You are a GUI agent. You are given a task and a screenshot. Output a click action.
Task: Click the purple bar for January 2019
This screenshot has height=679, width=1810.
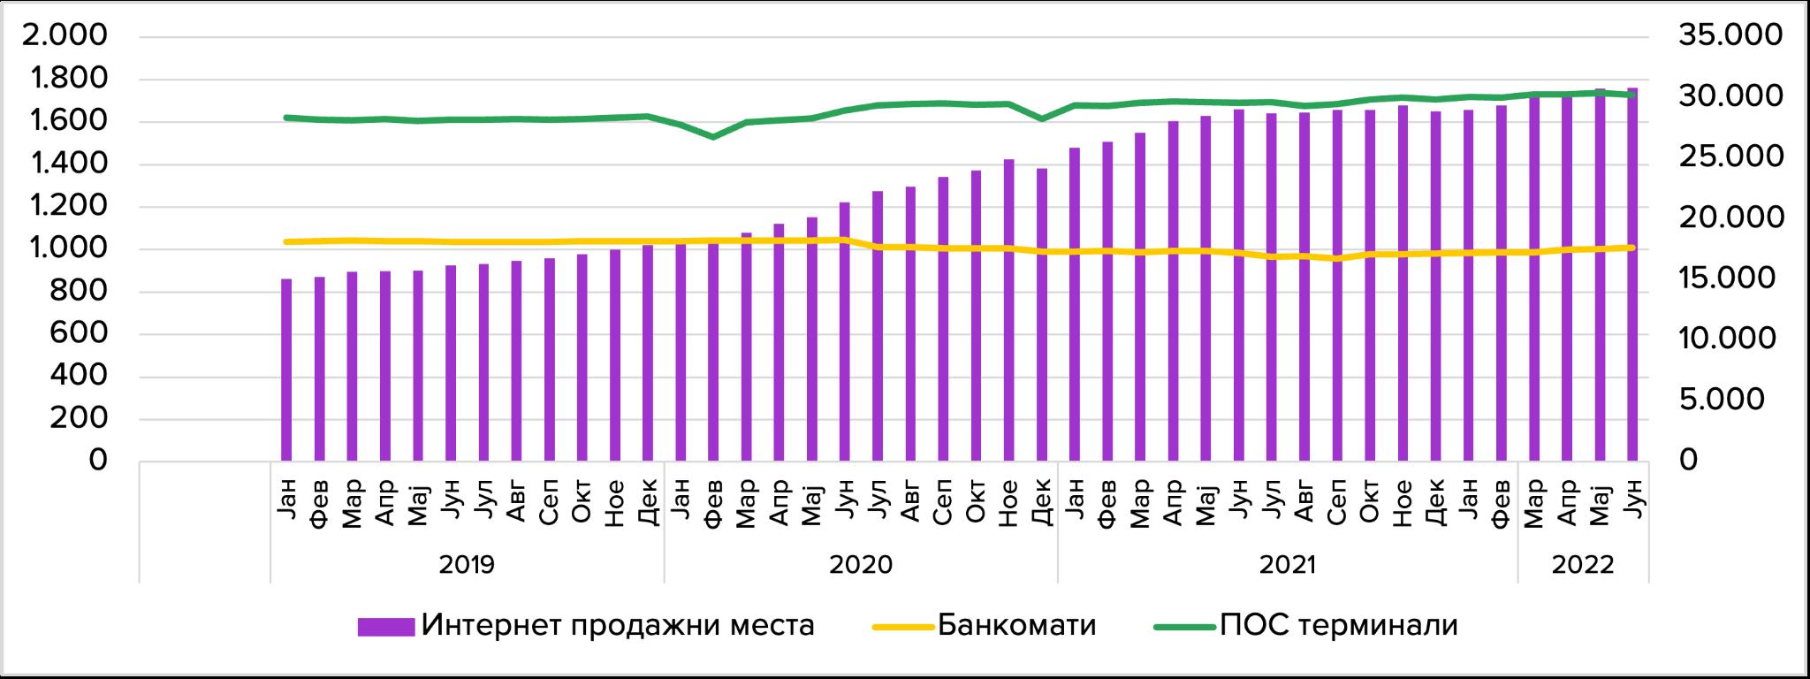pos(286,370)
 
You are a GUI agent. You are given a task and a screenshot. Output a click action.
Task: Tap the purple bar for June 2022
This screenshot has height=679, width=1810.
pos(1632,274)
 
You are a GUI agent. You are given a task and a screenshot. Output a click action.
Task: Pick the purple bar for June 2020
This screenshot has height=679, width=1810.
pos(845,332)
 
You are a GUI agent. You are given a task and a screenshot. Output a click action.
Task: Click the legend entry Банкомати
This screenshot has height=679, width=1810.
pos(985,626)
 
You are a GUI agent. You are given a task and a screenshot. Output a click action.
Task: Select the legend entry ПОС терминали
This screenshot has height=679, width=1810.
pos(1306,626)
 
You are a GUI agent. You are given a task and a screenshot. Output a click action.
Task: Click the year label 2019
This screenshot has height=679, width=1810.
pos(467,564)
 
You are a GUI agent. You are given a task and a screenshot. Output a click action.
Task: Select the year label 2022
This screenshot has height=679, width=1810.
pos(1583,564)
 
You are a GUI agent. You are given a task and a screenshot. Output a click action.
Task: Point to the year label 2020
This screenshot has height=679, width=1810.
pos(861,564)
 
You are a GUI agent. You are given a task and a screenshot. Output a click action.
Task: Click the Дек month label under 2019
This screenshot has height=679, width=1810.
pos(648,504)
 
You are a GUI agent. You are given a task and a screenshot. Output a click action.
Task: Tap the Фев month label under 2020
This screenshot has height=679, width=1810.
pos(713,504)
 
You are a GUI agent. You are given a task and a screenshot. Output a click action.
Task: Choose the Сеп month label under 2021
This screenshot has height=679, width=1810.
pos(1337,504)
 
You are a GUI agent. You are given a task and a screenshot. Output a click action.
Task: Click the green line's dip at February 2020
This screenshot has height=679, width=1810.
pos(713,137)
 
